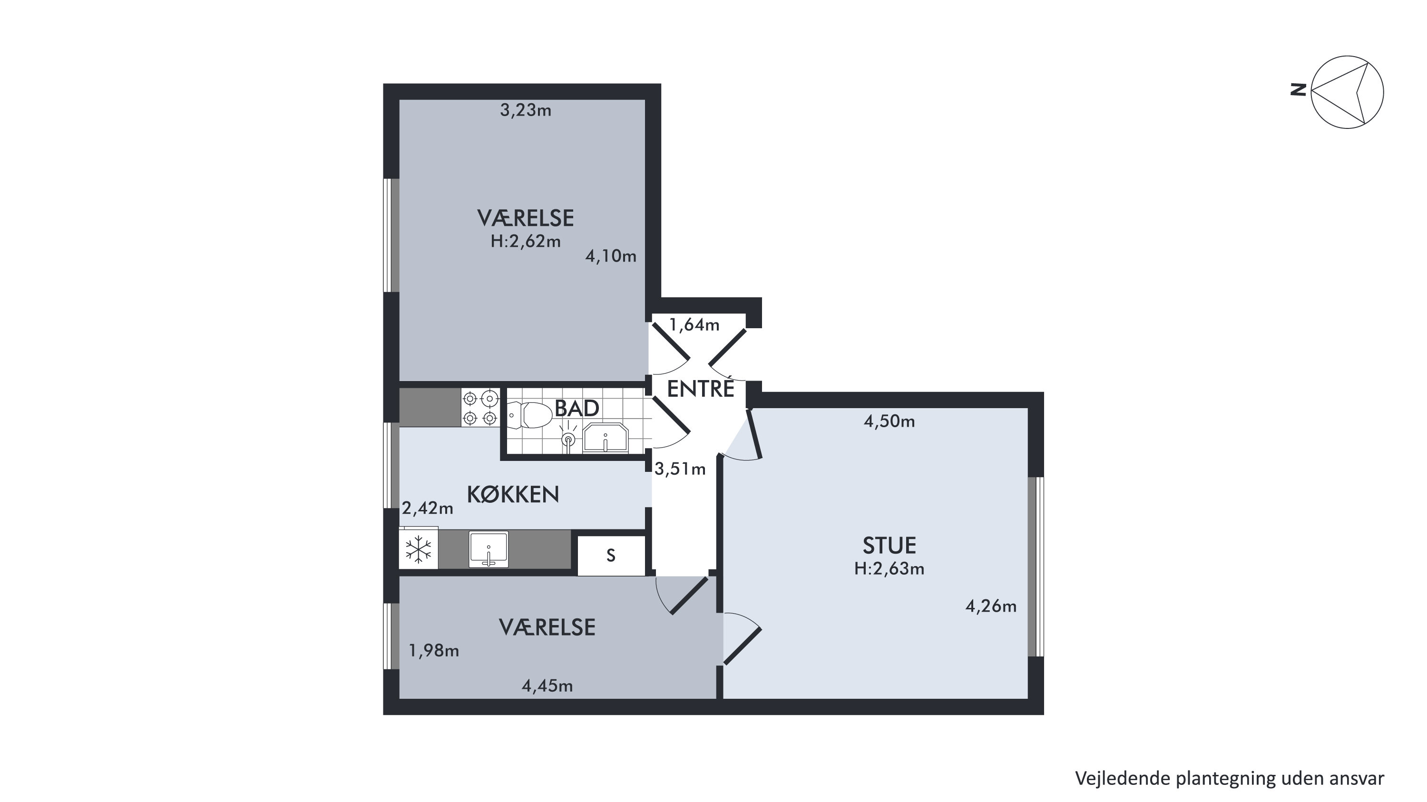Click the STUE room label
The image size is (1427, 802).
(889, 546)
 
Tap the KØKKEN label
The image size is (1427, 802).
(513, 495)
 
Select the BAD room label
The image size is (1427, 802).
(577, 408)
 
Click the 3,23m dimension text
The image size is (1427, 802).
(526, 111)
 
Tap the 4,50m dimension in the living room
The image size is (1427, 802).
(889, 421)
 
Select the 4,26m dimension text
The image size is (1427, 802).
(991, 606)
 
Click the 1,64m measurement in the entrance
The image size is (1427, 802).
(694, 324)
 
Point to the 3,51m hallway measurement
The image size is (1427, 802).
(680, 469)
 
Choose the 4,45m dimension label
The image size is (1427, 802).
(547, 686)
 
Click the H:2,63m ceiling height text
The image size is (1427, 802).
(889, 569)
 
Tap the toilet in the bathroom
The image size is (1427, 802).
(530, 415)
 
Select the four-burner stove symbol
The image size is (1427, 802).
(480, 408)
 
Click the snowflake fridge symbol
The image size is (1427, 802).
(419, 549)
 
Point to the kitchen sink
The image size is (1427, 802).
(488, 549)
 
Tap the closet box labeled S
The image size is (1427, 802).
(611, 556)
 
